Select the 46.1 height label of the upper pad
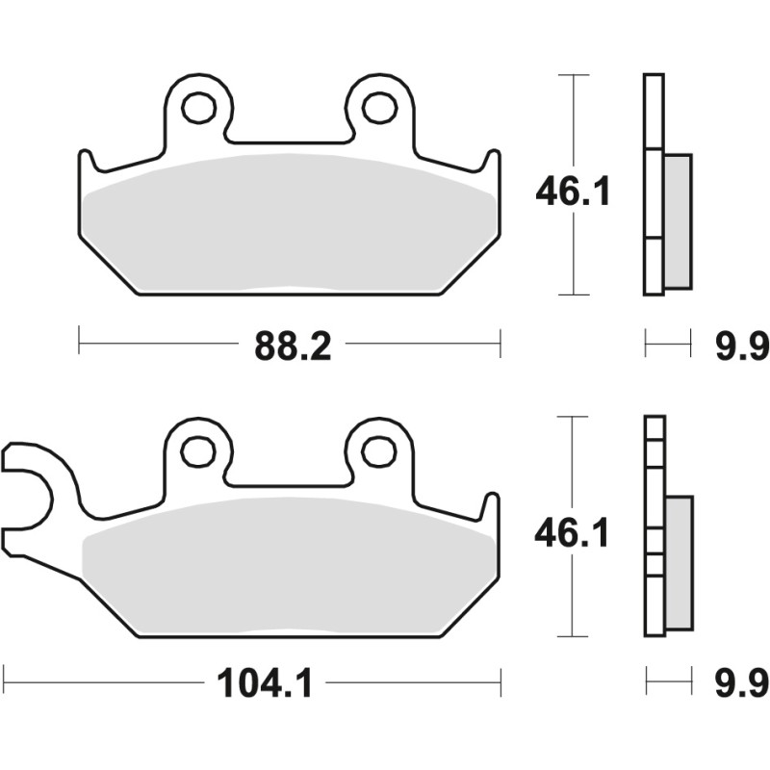[x=573, y=193]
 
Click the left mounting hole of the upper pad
[x=199, y=108]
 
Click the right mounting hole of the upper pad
[x=379, y=108]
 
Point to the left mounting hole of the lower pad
[x=199, y=449]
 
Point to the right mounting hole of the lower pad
[x=379, y=449]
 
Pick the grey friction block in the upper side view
[x=678, y=221]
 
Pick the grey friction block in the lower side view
[x=678, y=563]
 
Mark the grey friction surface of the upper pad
[x=289, y=226]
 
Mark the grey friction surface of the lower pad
[x=289, y=568]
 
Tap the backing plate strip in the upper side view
[x=653, y=183]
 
